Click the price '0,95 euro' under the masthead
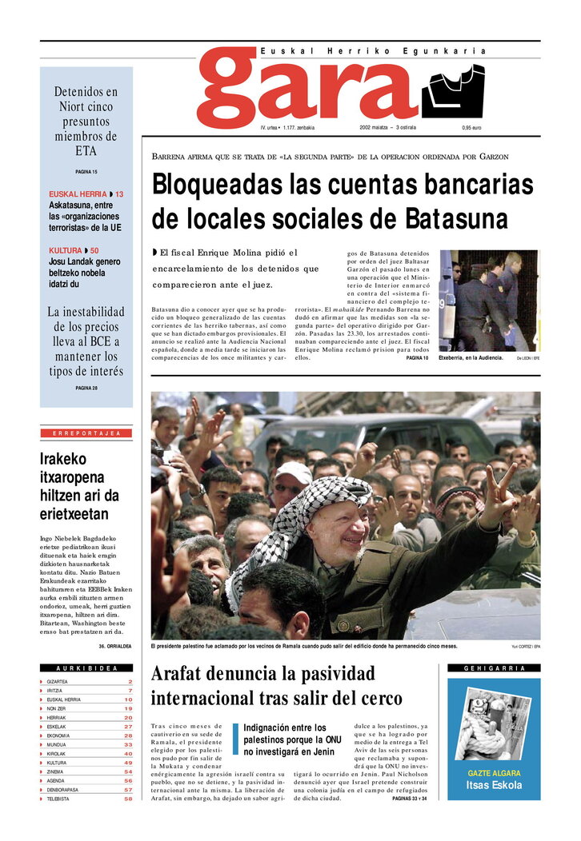click(x=471, y=128)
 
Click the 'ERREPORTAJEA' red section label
click(x=86, y=433)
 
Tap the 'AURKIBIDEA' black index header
click(x=86, y=668)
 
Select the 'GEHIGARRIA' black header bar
click(x=494, y=668)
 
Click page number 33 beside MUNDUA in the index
click(x=128, y=744)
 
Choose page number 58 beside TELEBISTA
click(x=128, y=799)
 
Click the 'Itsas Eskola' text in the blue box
click(x=494, y=785)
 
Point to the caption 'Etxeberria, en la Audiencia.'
click(x=471, y=358)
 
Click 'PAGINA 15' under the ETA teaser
click(x=86, y=172)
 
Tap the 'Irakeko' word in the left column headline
click(x=63, y=460)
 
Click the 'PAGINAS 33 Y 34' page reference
click(x=409, y=799)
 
